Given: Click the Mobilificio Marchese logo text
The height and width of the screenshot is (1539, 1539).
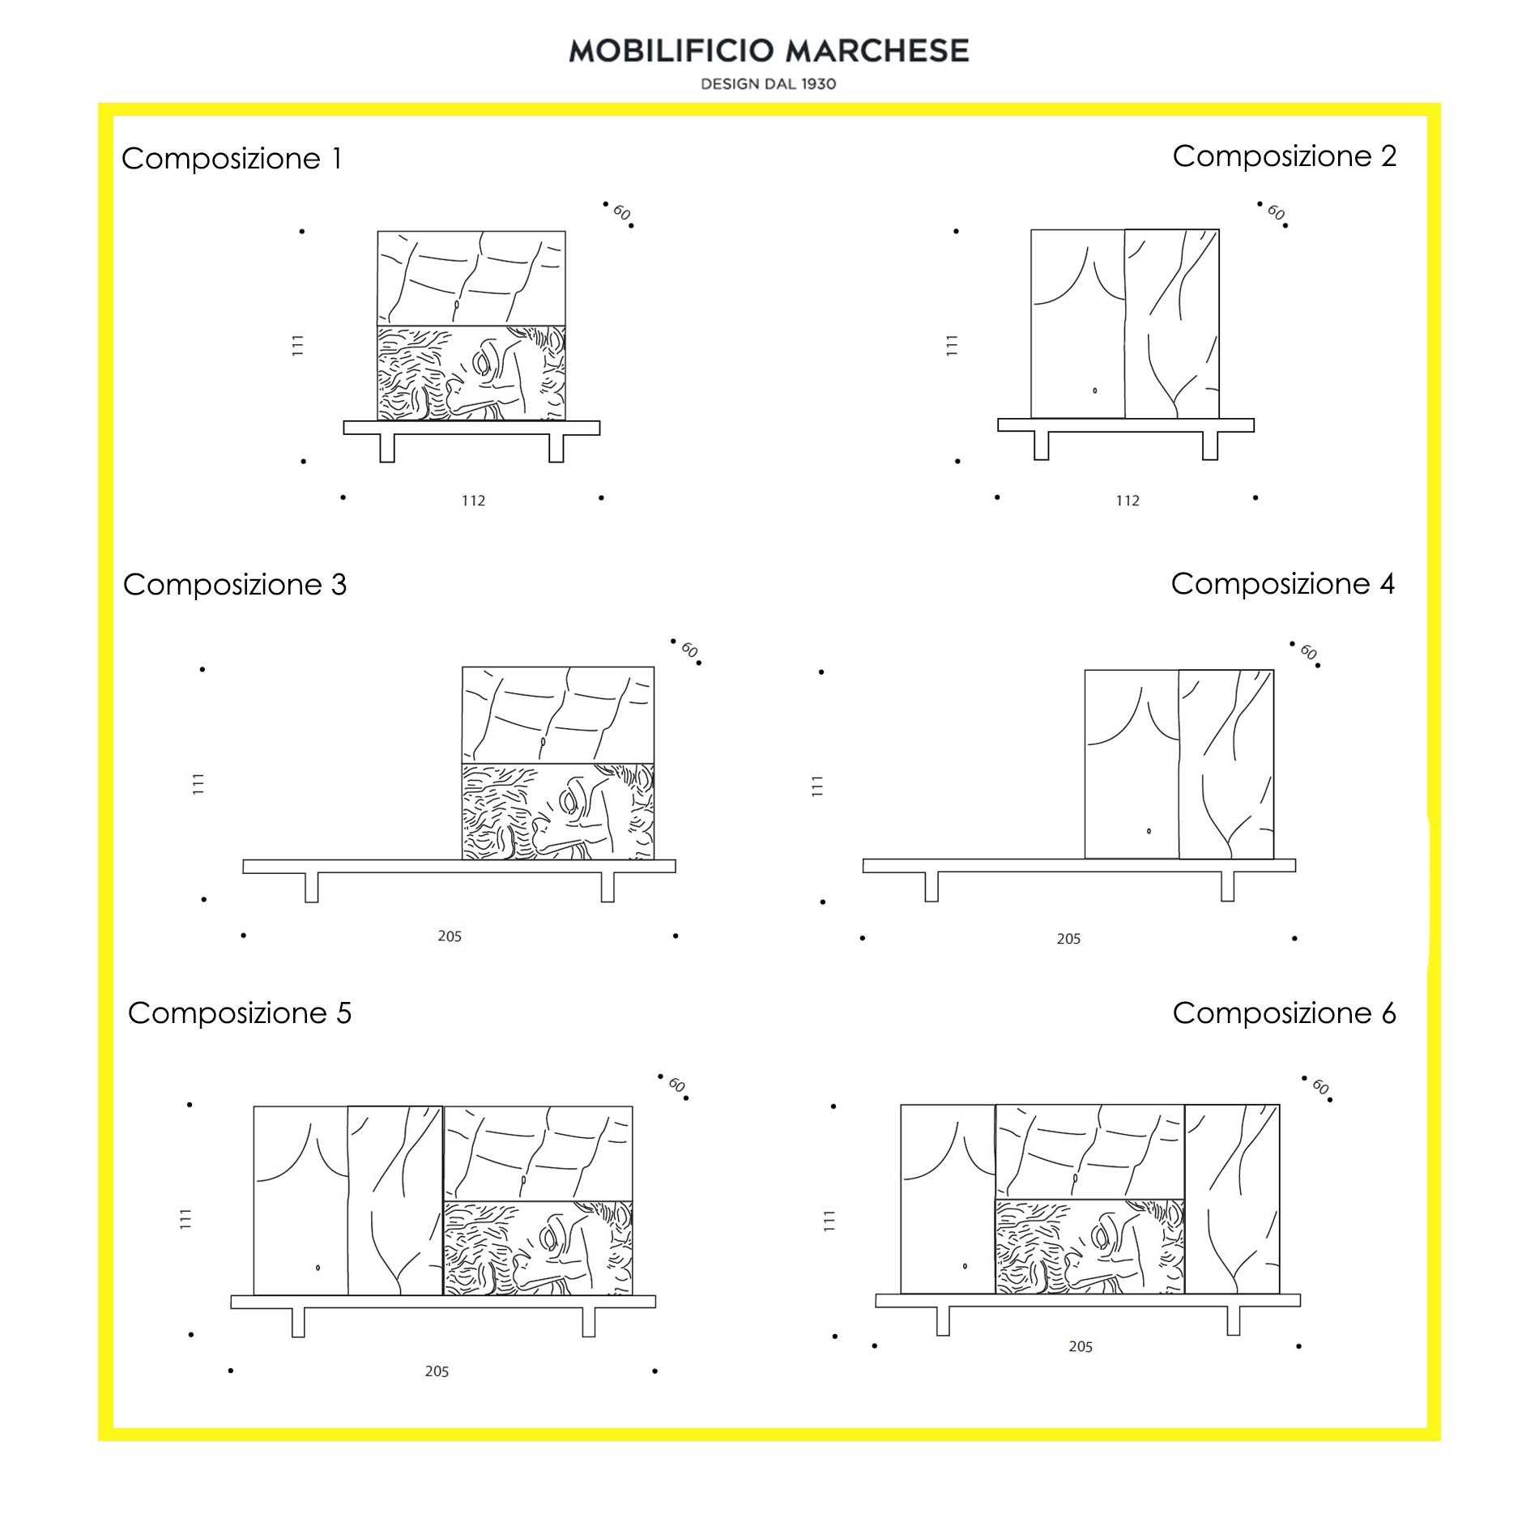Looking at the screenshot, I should (768, 50).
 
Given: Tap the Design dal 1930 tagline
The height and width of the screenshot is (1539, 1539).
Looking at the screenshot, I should (768, 83).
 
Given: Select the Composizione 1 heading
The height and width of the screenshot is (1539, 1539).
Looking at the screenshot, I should (232, 158).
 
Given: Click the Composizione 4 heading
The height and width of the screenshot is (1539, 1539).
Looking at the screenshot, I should (1282, 583).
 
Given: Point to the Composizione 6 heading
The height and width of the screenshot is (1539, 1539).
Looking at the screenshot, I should (1284, 1013).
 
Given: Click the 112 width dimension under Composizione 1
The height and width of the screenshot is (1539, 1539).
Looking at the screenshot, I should (473, 501).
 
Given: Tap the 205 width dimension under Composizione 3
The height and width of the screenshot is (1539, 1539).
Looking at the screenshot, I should (450, 936).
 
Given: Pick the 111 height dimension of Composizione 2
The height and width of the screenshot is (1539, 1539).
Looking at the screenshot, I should (952, 346).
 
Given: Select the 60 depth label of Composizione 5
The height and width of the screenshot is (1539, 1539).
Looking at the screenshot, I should (677, 1085).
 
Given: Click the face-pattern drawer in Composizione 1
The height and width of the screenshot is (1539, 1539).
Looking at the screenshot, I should (471, 373).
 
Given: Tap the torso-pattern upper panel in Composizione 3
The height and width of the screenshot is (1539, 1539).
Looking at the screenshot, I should (557, 714).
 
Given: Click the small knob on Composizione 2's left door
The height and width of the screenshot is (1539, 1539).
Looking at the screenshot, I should (1095, 390).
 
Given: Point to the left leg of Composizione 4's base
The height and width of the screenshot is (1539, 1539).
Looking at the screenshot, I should (932, 886).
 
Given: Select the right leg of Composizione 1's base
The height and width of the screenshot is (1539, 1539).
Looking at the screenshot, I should (556, 448).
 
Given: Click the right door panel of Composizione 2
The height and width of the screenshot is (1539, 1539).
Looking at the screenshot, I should (1171, 323).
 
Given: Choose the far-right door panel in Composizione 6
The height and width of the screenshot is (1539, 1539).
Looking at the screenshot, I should (1232, 1199).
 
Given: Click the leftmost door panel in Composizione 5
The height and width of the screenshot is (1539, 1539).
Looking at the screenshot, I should (301, 1200).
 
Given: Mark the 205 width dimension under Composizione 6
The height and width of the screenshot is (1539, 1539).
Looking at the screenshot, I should (1081, 1346).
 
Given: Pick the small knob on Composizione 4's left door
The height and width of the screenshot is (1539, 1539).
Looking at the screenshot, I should (1149, 831).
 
